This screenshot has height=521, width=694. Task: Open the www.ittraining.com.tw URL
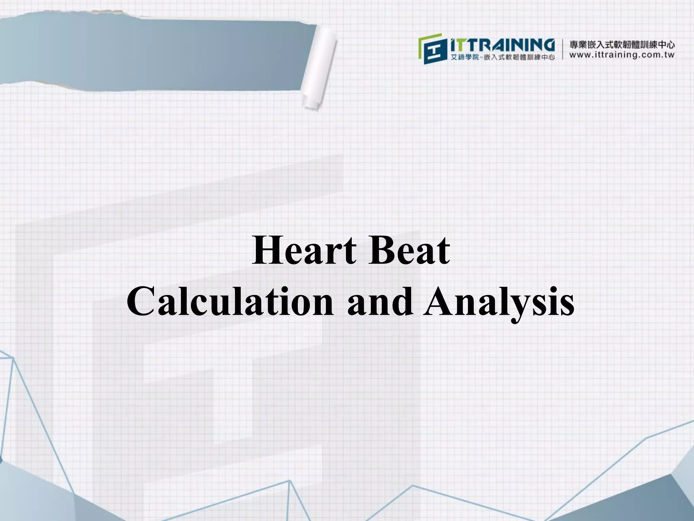coord(622,55)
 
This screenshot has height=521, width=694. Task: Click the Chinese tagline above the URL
coord(622,44)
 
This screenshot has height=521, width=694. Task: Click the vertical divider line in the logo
coord(563,50)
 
